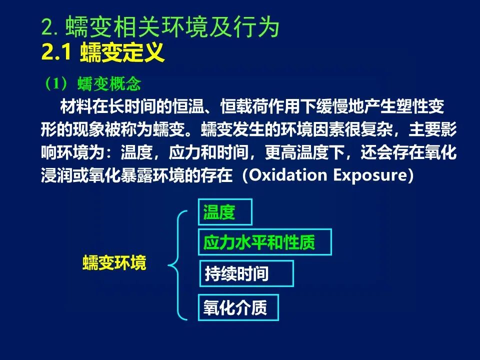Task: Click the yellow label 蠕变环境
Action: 114,262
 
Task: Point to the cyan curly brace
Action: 169,265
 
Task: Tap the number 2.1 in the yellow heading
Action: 56,52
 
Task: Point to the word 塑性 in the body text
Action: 411,106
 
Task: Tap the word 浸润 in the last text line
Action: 57,175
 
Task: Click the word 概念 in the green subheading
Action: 125,83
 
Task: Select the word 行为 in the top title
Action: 257,26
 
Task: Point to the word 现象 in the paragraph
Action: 89,129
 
